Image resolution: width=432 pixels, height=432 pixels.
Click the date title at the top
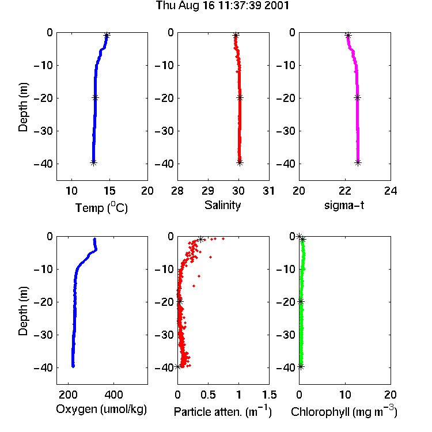(x=222, y=6)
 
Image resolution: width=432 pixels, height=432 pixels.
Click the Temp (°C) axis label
(x=101, y=208)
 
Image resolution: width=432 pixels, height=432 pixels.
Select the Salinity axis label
(x=222, y=205)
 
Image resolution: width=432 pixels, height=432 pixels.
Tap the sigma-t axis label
(x=344, y=205)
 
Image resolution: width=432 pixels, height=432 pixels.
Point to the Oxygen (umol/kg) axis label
(x=101, y=409)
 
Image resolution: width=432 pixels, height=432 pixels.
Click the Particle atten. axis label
(x=223, y=411)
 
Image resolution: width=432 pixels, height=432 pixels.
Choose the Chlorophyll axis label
(x=344, y=411)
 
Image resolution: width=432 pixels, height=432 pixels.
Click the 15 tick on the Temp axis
(x=109, y=191)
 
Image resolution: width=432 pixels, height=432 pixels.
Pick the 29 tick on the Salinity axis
(x=208, y=191)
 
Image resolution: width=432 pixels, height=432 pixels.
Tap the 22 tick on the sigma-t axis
(x=345, y=191)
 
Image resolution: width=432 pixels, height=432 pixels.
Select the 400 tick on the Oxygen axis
(x=114, y=395)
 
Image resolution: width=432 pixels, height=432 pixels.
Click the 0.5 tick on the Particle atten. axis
(x=208, y=395)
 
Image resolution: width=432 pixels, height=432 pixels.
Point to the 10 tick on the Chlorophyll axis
(x=345, y=395)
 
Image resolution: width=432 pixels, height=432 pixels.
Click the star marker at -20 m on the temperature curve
(x=95, y=98)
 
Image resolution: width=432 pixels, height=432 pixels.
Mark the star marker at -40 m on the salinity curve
(x=240, y=163)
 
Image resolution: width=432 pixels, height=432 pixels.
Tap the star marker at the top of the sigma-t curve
(x=348, y=36)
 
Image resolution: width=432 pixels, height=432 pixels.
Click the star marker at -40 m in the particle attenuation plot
(x=178, y=367)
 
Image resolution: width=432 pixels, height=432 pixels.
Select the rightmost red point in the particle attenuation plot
(x=223, y=238)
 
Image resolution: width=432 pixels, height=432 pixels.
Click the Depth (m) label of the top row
(x=23, y=107)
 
